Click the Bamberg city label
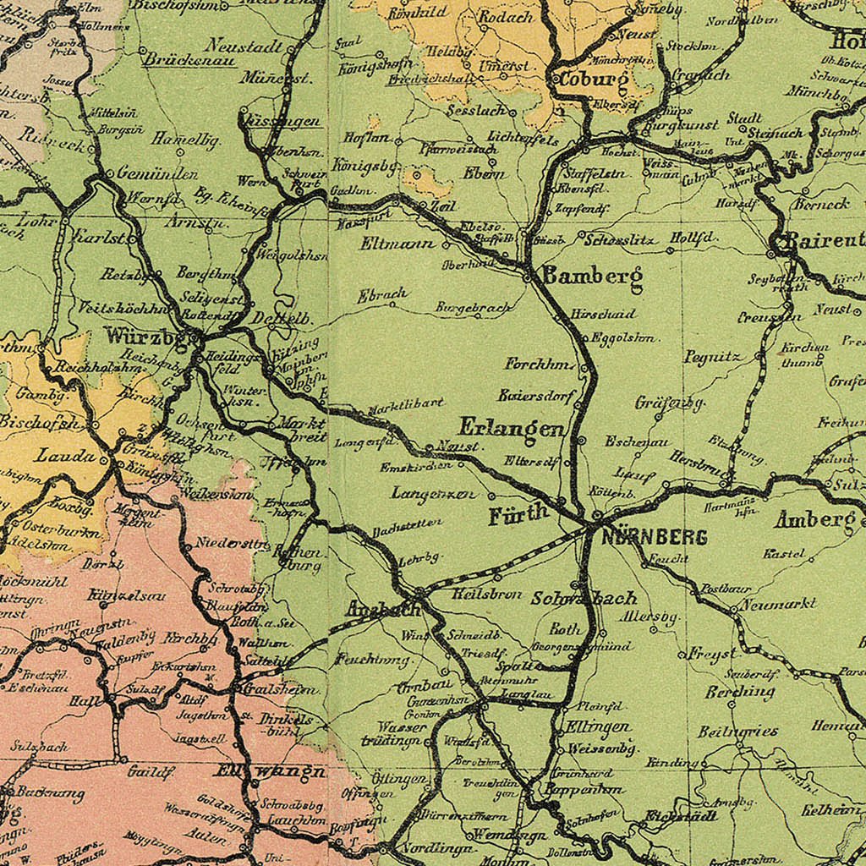click(x=592, y=276)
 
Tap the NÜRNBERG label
click(x=643, y=537)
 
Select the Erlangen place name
click(x=511, y=429)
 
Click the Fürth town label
click(x=518, y=515)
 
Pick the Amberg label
click(x=815, y=519)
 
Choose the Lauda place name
click(x=65, y=456)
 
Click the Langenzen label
click(x=434, y=493)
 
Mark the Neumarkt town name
click(x=779, y=604)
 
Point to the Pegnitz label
click(x=712, y=357)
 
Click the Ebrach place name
click(x=382, y=295)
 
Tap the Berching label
click(x=740, y=692)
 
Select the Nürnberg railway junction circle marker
click(x=595, y=515)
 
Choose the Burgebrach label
click(x=474, y=309)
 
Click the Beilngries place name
click(x=737, y=731)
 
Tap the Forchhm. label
click(x=540, y=364)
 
